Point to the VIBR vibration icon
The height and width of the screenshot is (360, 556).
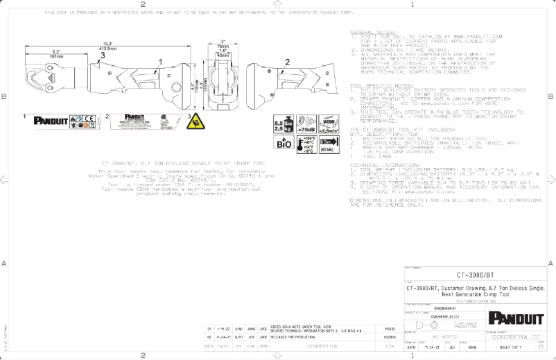tap(328, 123)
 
